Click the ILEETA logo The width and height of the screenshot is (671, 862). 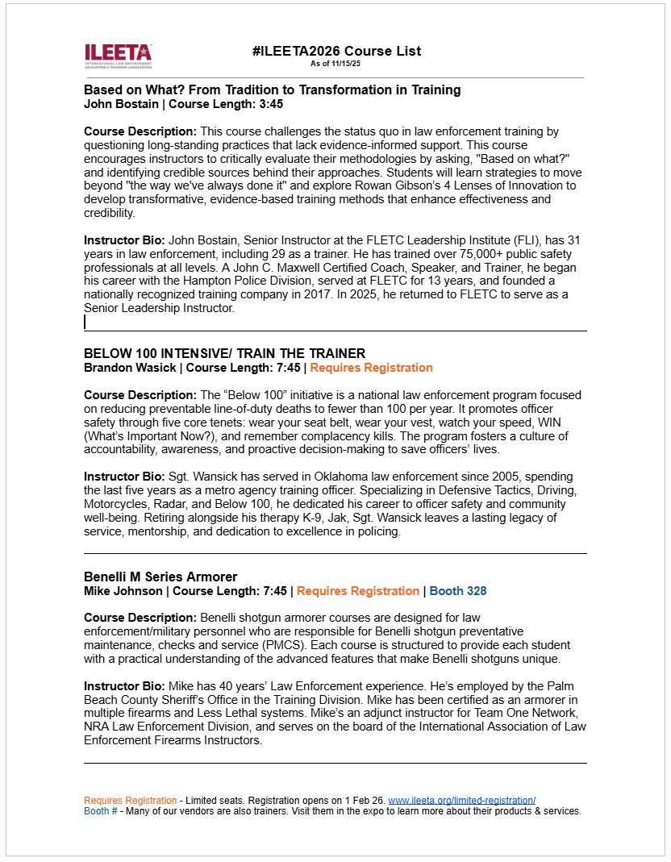tap(118, 55)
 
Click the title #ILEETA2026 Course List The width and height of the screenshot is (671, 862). tap(335, 51)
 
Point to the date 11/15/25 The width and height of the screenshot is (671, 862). tap(346, 63)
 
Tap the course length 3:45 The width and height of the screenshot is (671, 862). tap(270, 104)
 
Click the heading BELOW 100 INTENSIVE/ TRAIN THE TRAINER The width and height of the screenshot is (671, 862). tap(224, 353)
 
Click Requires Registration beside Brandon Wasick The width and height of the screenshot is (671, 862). tap(371, 368)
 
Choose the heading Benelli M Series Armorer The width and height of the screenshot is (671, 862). tap(160, 577)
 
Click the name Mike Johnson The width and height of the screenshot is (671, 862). tap(123, 591)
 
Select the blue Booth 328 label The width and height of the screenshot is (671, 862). tap(457, 591)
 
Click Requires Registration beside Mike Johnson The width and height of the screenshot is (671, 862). tap(358, 591)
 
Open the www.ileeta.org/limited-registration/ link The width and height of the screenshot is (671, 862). tap(462, 800)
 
